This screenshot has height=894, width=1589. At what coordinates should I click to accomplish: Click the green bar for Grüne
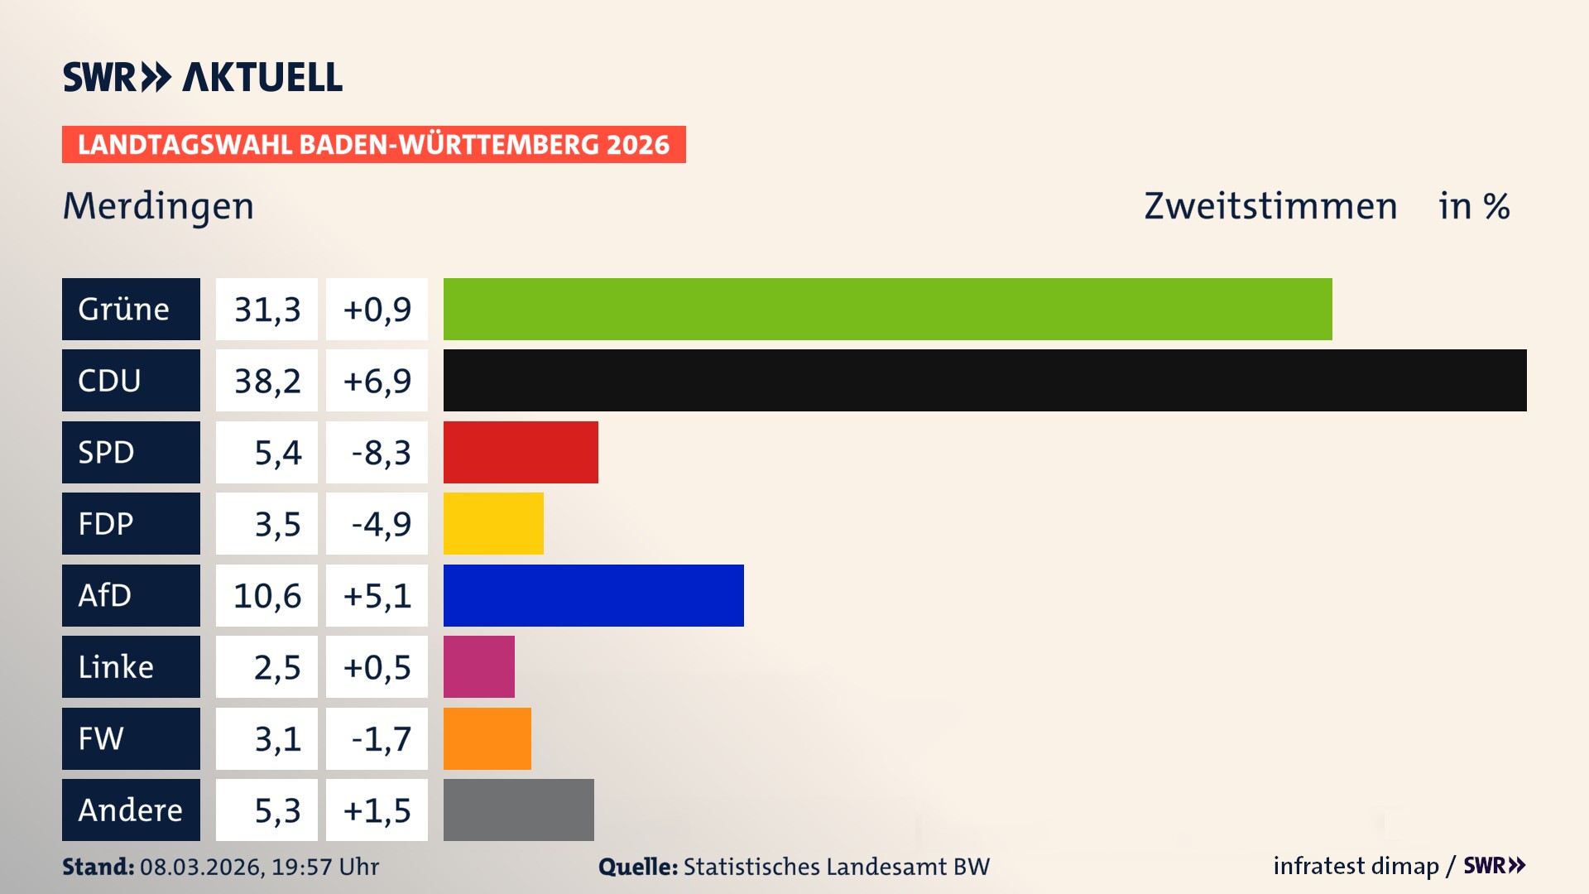click(887, 309)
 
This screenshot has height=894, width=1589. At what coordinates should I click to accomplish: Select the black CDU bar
click(985, 380)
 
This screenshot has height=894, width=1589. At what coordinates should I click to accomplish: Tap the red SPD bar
click(521, 452)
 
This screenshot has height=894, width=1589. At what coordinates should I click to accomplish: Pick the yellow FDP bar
click(493, 523)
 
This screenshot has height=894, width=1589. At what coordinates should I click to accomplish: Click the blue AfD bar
click(593, 595)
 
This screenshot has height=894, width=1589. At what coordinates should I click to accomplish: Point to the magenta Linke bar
click(478, 666)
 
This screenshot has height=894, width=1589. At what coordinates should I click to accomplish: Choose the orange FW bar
click(487, 738)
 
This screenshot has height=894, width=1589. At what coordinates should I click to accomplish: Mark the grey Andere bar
click(518, 810)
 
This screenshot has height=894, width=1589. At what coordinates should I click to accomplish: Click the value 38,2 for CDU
click(266, 381)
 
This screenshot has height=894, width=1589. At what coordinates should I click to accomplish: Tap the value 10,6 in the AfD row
click(266, 596)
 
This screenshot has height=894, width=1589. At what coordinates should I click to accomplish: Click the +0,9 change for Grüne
click(377, 310)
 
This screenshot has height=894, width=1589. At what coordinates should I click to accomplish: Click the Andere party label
click(131, 810)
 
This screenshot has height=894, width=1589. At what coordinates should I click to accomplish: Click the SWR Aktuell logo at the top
click(203, 77)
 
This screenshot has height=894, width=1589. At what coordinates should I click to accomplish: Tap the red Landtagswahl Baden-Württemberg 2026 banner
click(373, 145)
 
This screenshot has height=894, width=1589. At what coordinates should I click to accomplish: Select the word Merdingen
click(159, 206)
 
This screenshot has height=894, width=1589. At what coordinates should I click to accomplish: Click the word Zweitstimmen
click(1270, 206)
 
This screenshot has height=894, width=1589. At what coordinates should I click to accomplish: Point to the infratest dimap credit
click(1356, 866)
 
